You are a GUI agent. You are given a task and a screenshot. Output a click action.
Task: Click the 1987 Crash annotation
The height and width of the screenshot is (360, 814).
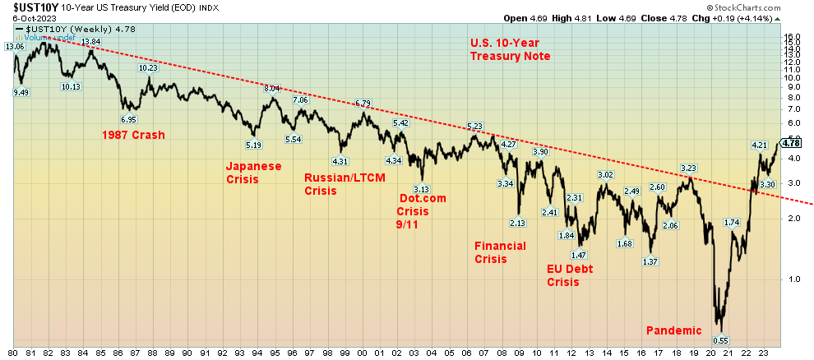[133, 135]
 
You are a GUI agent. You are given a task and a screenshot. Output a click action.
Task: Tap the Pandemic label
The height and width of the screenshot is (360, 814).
[674, 330]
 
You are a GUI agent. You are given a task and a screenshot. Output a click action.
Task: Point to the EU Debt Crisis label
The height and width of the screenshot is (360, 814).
[570, 275]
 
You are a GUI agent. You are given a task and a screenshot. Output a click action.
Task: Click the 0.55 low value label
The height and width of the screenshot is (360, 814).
[720, 340]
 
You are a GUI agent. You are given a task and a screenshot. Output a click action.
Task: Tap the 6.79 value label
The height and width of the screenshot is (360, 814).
[363, 103]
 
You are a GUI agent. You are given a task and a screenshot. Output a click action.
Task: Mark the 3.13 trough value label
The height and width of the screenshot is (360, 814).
[422, 189]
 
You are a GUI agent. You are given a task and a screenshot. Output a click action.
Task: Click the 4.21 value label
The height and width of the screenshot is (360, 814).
[759, 145]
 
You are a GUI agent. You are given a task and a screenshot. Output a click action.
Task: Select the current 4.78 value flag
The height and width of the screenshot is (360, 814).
[790, 142]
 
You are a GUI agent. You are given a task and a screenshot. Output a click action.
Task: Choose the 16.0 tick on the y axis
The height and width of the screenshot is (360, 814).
[791, 37]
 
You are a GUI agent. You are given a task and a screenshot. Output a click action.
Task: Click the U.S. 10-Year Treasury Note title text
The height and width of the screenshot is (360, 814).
[510, 49]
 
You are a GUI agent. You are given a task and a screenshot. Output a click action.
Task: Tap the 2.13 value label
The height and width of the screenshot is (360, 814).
[517, 223]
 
